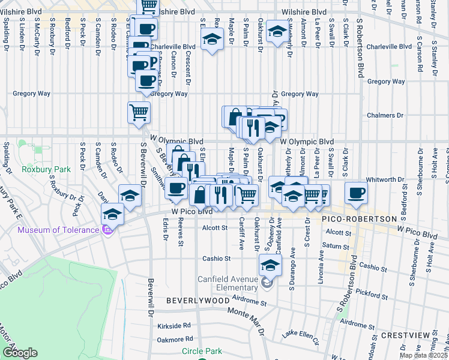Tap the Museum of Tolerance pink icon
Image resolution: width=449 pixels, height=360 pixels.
click(108, 230)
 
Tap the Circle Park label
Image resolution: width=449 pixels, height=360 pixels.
click(202, 352)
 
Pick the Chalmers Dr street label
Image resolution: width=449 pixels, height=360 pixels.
click(383, 115)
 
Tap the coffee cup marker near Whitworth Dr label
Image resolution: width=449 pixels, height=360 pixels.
click(355, 193)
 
